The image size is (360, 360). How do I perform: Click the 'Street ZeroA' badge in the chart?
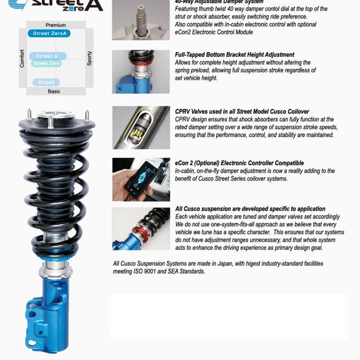tap(49, 33)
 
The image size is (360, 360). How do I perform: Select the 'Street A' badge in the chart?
tap(48, 56)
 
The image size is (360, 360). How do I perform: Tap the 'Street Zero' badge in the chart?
tap(47, 64)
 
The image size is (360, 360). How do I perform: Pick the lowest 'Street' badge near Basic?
tap(46, 82)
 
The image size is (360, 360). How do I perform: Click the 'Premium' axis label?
tap(56, 25)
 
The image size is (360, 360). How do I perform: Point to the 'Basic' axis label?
tap(54, 91)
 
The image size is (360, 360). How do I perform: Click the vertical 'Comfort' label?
tap(22, 58)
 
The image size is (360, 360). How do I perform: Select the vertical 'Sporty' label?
tap(89, 58)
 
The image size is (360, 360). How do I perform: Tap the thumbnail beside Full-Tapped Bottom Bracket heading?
tap(140, 71)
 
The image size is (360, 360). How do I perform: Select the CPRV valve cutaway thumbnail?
tap(140, 127)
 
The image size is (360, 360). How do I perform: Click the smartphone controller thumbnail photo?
tap(140, 179)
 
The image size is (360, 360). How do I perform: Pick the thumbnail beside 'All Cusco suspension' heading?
tap(140, 229)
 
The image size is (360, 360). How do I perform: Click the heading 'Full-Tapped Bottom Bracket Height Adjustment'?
tap(235, 55)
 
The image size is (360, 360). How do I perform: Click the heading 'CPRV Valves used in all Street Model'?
tap(242, 111)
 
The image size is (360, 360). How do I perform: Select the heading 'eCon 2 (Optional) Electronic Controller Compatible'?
tap(239, 163)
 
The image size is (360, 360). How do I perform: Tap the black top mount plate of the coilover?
tap(56, 126)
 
